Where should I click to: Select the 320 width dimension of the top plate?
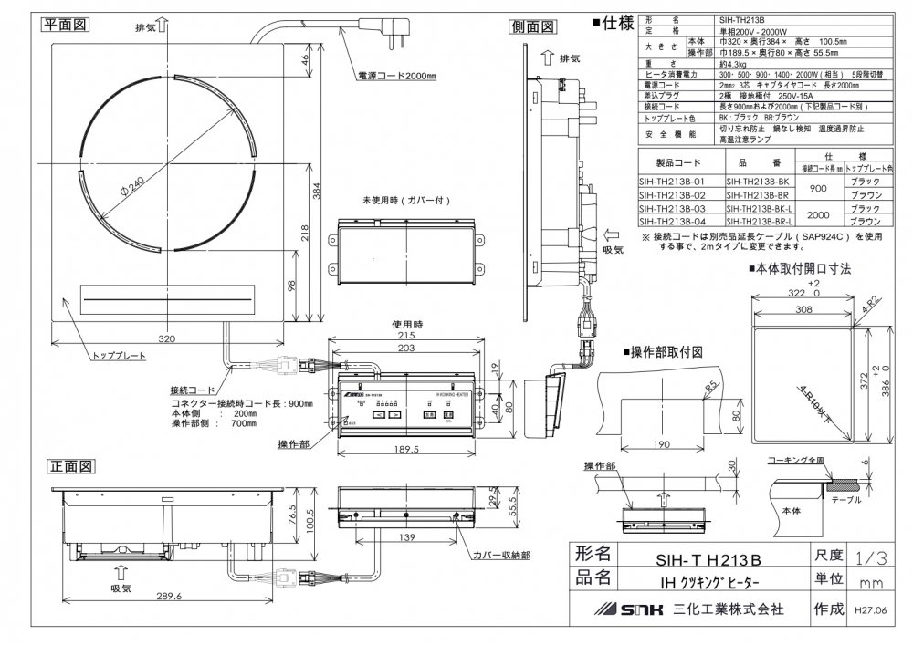(166, 338)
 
